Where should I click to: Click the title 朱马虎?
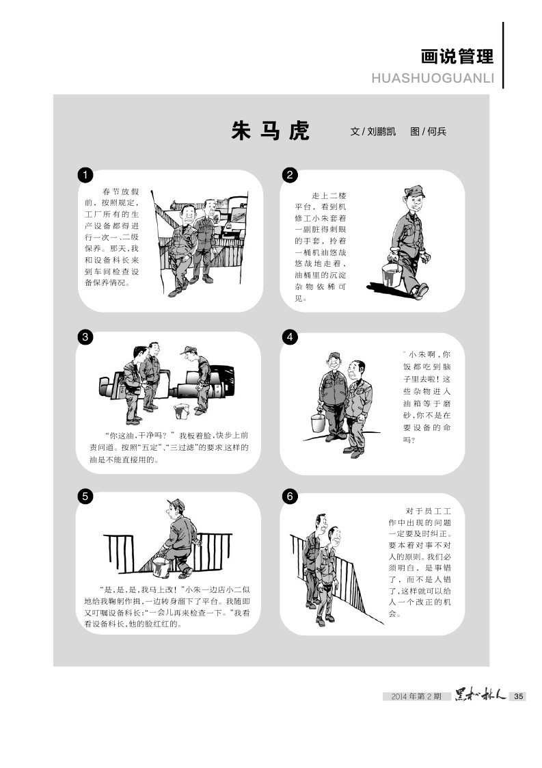tap(270, 131)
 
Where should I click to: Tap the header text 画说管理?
tap(457, 57)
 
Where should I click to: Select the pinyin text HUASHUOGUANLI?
tap(433, 79)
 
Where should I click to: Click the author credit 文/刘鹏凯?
tap(373, 131)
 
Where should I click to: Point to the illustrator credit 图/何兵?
tap(429, 131)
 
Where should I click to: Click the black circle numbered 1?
tap(85, 175)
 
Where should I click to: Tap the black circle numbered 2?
tap(290, 175)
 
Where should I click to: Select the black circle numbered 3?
tap(85, 337)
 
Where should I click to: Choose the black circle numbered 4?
tap(290, 337)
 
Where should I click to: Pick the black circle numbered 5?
tap(85, 496)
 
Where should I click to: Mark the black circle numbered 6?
tap(290, 496)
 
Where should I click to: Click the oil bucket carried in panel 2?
tap(392, 274)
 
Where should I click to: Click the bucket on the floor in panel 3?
tap(181, 411)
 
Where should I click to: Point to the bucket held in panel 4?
tap(319, 422)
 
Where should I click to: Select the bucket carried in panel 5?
tap(161, 567)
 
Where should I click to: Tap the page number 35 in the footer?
tap(519, 696)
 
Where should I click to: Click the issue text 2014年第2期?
tap(416, 696)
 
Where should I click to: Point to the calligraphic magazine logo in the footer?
tap(480, 695)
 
